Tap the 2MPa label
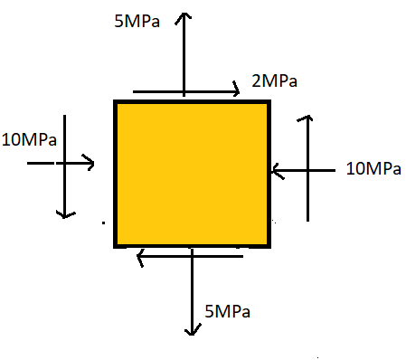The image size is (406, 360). (275, 82)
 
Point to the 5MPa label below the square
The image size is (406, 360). (228, 312)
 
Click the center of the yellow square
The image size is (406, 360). (192, 173)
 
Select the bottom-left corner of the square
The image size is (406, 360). (117, 244)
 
